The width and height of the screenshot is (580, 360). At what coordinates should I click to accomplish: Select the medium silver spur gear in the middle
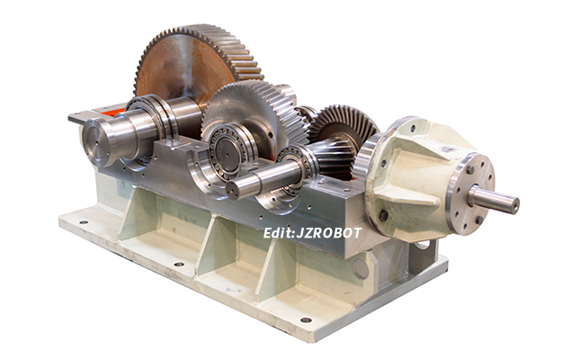coord(255,111)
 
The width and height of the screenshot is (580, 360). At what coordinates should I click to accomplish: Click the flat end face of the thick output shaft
coord(95,142)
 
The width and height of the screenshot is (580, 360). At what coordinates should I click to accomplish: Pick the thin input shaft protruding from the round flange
coord(494,201)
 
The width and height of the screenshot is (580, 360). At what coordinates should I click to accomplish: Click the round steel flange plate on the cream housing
coord(470,193)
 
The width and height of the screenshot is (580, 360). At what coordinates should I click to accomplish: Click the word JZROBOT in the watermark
coord(329,233)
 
